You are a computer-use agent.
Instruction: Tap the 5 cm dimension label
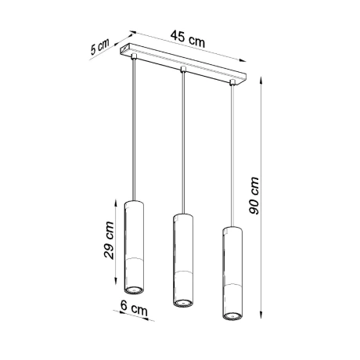(100, 48)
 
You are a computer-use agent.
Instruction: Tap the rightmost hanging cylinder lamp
(232, 273)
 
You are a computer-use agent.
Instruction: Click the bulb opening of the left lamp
(135, 290)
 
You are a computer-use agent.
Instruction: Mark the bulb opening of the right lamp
(232, 315)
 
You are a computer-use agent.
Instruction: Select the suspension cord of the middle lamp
(183, 141)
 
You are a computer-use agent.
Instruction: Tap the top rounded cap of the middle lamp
(182, 216)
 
